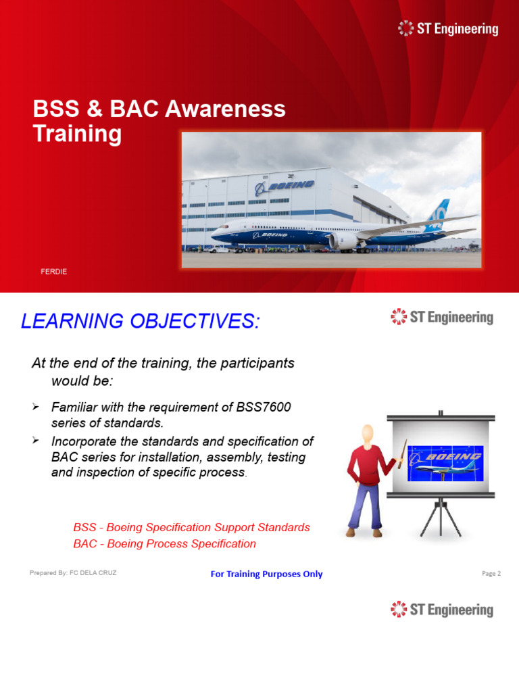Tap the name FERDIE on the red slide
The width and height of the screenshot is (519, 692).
[54, 272]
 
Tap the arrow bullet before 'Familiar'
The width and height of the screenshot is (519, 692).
[36, 407]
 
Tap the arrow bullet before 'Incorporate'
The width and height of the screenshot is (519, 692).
[36, 441]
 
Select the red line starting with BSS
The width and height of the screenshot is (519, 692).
[191, 527]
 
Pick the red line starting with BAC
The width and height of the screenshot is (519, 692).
[165, 544]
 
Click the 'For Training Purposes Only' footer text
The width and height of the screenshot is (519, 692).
[266, 574]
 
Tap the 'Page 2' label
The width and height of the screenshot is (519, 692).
[491, 574]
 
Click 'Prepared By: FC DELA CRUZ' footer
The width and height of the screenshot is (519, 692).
[73, 573]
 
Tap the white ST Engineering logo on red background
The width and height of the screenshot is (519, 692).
[448, 28]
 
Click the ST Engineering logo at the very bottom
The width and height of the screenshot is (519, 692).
[442, 610]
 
